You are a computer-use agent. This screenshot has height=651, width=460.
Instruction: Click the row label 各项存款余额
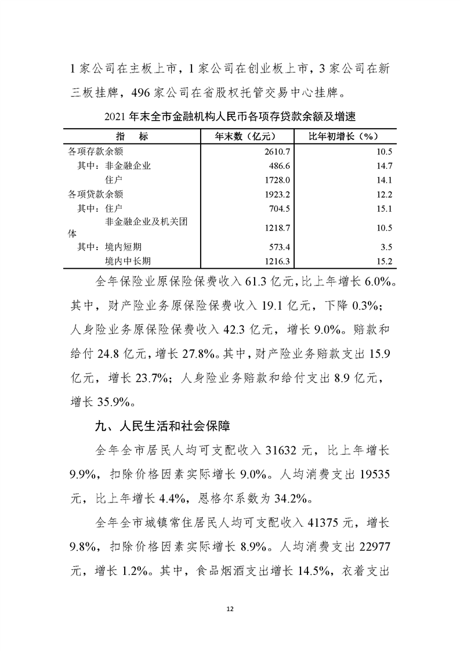click(x=96, y=151)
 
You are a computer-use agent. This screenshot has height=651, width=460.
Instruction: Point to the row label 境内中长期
click(x=131, y=261)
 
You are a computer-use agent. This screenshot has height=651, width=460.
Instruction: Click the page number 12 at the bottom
click(x=230, y=609)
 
